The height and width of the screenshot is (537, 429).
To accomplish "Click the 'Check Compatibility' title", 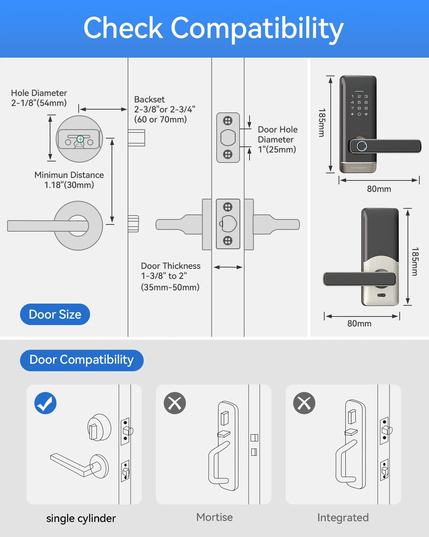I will [x=213, y=29].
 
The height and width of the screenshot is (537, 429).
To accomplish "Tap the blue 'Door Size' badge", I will [x=55, y=314].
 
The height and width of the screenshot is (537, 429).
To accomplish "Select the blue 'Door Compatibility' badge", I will [x=82, y=360].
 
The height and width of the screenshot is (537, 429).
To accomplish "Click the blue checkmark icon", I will [x=45, y=403].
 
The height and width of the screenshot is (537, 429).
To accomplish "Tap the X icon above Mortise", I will [x=175, y=403].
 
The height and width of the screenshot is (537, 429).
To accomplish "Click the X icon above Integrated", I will [x=304, y=403].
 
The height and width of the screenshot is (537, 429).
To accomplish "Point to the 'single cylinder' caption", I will [x=81, y=518].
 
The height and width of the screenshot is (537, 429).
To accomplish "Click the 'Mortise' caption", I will [x=214, y=517].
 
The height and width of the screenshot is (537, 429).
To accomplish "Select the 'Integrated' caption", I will [x=343, y=518].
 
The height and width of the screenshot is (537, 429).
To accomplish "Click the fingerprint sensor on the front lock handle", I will [x=362, y=146].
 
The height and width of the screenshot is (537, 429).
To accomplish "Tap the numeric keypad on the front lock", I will [x=359, y=105].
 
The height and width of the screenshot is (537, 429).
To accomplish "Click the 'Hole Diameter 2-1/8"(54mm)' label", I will [x=39, y=98].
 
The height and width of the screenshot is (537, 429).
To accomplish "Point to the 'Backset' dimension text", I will [x=164, y=109].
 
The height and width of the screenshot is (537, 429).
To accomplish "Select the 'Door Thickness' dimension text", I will [x=171, y=276].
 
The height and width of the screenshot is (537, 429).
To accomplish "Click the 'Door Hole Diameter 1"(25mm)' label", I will [x=277, y=139].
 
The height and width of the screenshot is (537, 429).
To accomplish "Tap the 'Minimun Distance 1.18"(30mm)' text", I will [x=69, y=180].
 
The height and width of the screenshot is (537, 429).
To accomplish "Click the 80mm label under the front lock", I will [x=379, y=189].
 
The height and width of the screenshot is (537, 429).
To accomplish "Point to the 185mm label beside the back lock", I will [x=415, y=261].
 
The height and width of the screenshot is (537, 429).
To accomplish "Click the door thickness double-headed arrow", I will [x=228, y=267].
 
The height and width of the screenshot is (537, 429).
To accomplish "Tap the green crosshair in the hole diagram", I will [x=80, y=139].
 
